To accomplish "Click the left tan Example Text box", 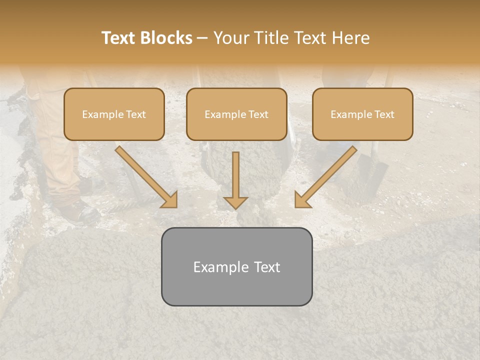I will [x=114, y=114].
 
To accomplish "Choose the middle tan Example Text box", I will [x=236, y=114].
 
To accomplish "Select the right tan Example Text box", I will [x=362, y=114].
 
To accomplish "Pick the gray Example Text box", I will [x=236, y=266].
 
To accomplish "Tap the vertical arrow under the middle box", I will [x=235, y=177].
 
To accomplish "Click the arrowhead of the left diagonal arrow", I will [x=170, y=200].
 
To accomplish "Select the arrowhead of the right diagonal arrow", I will [x=301, y=200].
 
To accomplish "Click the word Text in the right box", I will [x=384, y=114].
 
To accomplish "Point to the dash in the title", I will [x=202, y=38].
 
